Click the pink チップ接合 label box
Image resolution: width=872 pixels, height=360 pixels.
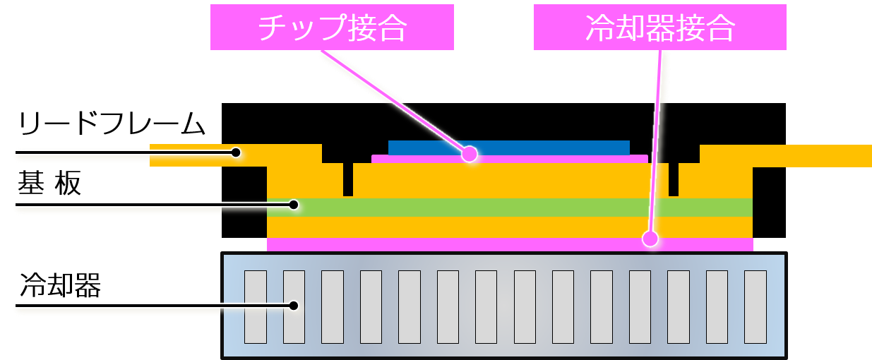332,27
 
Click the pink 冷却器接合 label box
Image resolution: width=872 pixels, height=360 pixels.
660,27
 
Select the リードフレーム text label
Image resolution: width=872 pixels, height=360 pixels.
112,124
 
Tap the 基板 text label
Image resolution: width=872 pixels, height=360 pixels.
49,183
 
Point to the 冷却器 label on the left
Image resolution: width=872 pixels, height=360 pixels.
60,285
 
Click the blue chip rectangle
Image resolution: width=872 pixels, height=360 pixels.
509,148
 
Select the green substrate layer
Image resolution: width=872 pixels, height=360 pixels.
510,208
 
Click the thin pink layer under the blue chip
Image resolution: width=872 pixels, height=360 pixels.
510,159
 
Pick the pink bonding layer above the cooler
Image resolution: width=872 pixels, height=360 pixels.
510,244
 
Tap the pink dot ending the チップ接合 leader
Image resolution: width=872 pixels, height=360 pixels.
470,154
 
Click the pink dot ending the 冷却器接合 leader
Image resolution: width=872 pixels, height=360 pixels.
650,239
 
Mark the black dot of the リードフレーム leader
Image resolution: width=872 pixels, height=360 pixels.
236,152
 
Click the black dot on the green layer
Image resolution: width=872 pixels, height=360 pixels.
294,205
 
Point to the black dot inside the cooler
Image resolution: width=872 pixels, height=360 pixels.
294,306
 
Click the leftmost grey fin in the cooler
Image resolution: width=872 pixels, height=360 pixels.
256,307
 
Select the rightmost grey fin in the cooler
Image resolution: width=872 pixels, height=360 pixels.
755,307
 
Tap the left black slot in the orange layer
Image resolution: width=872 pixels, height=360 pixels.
348,179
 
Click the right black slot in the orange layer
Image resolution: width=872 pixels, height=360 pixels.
674,179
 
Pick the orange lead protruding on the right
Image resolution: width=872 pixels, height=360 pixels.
786,156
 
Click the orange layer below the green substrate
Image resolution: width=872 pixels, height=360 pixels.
510,227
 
